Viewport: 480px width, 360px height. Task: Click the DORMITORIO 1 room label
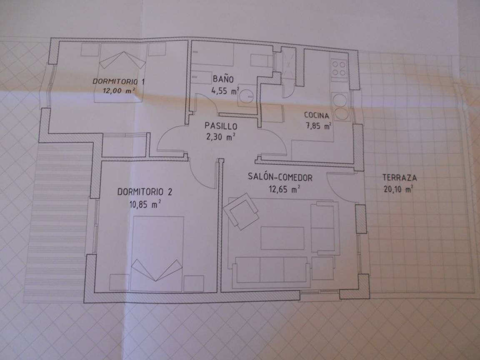pos(119,81)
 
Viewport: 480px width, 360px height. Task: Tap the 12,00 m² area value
pos(120,90)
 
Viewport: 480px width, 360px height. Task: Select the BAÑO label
pos(223,79)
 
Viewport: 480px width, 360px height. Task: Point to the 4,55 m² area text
pos(225,91)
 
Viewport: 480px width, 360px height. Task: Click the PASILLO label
pos(221,126)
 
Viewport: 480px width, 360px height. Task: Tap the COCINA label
pos(317,115)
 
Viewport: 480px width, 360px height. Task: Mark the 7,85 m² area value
pos(319,125)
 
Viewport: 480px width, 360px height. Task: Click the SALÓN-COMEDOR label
pos(280,177)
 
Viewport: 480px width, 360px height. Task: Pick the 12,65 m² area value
pos(284,189)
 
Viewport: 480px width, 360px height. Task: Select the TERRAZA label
pos(400,177)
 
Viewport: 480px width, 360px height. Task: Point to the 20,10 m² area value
pos(398,189)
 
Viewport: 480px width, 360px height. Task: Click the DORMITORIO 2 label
pos(145,192)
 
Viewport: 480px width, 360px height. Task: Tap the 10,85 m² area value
pos(145,204)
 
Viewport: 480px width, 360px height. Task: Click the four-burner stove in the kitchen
pos(339,69)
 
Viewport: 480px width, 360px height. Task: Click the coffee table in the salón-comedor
pos(282,238)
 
